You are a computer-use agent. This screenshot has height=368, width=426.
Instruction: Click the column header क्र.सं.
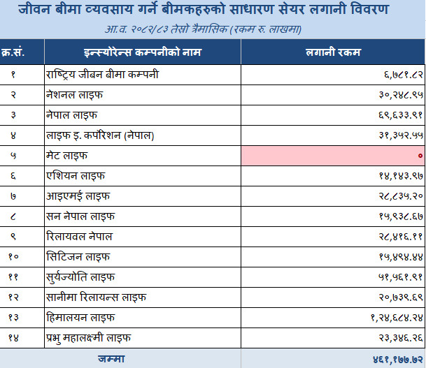13,52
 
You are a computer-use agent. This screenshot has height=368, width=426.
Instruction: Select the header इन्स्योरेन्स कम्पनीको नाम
143,52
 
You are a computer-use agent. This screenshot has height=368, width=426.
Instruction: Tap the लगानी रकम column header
333,52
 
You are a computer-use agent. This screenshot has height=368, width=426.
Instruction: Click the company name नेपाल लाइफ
72,115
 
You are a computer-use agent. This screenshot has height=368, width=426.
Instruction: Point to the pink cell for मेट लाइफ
333,156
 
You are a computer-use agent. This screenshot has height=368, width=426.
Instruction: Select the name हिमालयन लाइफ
80,317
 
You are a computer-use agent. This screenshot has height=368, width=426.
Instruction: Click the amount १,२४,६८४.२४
397,317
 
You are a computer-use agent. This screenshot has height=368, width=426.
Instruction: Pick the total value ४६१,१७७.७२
398,360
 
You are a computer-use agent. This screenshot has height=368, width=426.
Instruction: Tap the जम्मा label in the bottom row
111,359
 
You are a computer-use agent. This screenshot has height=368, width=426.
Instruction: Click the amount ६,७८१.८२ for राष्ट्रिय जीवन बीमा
404,75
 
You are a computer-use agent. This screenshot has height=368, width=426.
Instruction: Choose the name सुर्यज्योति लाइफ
80,277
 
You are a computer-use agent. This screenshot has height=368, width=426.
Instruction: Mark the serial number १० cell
13,256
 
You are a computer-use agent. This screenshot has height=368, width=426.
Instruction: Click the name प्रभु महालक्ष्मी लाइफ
89,338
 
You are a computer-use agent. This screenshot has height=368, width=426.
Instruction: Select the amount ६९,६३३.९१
401,115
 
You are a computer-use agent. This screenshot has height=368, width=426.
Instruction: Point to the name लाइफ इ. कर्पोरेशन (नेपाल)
100,135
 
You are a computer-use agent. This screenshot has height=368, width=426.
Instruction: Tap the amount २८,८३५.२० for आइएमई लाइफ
401,196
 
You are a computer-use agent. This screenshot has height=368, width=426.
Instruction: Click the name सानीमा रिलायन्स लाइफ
96,297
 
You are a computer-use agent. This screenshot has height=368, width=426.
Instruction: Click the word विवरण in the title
370,10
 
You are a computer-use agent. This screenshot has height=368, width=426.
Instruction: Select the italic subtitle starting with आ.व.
204,29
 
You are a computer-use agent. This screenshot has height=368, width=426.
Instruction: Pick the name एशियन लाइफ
76,176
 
